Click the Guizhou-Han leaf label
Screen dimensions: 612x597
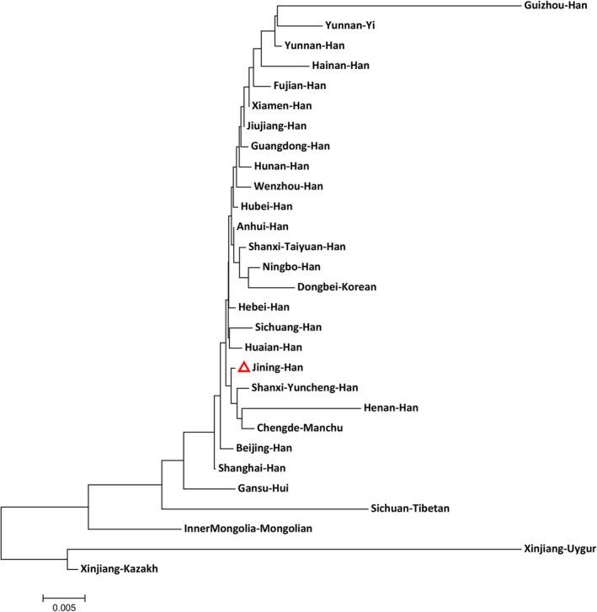(554, 6)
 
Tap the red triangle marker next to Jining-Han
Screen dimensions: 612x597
(243, 367)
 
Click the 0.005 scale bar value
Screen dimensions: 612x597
(63, 605)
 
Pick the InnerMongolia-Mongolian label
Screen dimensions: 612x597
(248, 530)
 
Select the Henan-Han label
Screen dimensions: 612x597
(391, 408)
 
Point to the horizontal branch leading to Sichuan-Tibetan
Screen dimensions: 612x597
(261, 508)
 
